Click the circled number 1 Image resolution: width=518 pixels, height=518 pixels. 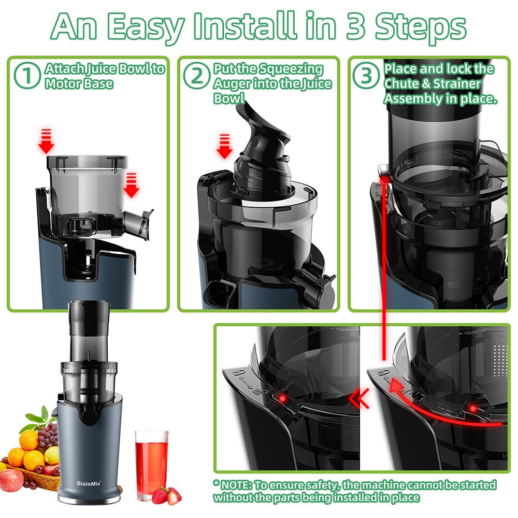tap(27, 76)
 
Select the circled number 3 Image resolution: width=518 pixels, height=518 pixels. tap(367, 76)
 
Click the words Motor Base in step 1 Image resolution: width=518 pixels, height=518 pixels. tap(79, 83)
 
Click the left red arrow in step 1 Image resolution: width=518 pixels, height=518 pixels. tap(46, 141)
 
